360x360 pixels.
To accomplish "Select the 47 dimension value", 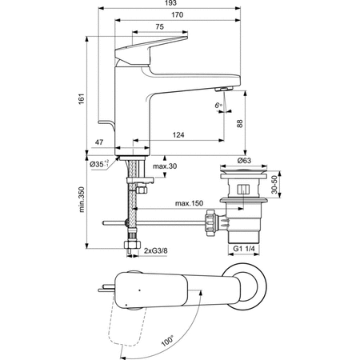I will pyautogui.click(x=98, y=143).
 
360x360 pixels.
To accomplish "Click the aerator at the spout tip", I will pyautogui.click(x=225, y=90).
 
